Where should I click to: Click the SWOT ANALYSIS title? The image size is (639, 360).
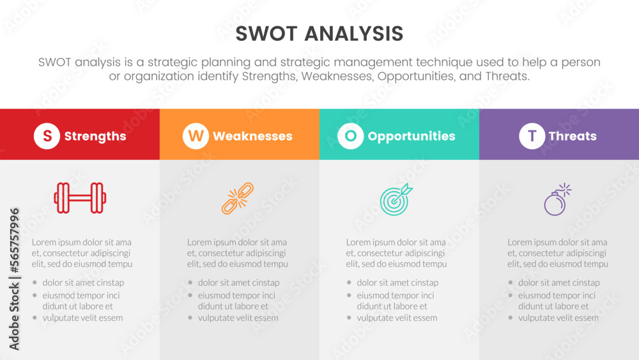(319, 33)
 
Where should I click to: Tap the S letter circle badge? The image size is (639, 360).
(47, 136)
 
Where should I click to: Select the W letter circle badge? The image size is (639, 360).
(196, 136)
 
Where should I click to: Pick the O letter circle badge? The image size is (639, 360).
(350, 136)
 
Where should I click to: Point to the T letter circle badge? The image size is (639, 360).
(532, 136)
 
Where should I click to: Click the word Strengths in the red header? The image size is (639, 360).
(95, 136)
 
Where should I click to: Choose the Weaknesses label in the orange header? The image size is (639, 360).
(252, 136)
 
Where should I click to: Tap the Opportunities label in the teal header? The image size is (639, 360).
(412, 136)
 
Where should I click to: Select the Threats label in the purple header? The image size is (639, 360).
(573, 136)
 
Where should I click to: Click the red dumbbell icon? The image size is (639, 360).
(80, 198)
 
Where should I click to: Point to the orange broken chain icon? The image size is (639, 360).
(238, 198)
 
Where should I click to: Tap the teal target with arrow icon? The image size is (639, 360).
(397, 200)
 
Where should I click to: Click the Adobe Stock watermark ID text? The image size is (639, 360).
(14, 279)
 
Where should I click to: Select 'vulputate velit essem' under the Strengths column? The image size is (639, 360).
(82, 318)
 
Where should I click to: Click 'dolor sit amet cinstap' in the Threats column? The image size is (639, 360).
(558, 283)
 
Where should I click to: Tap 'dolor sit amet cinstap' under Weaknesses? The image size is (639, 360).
(238, 283)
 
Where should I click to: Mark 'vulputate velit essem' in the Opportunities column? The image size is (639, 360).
(397, 318)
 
